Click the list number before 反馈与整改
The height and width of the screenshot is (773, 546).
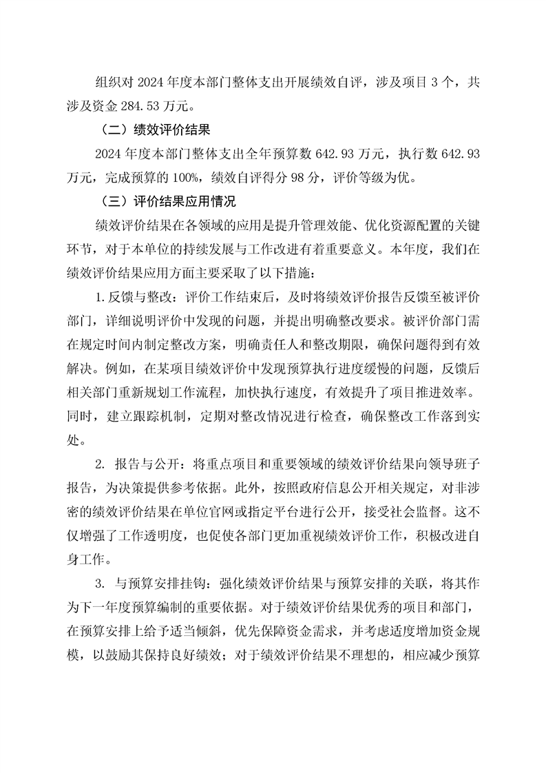[100, 301]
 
